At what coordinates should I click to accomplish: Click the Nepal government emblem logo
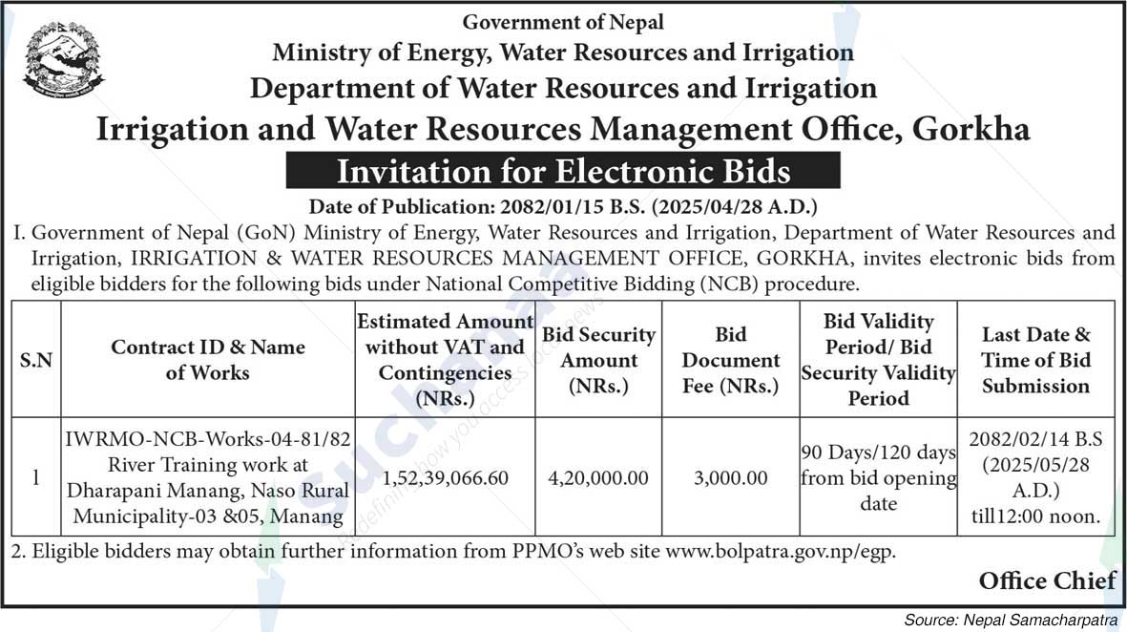tap(64, 59)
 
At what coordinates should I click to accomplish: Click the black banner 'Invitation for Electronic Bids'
tap(563, 171)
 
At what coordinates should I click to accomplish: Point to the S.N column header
tap(36, 361)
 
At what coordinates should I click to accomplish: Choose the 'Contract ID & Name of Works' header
tap(207, 360)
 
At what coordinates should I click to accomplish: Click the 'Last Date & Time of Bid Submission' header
tap(1035, 360)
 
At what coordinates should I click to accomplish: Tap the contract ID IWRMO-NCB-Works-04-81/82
tap(208, 439)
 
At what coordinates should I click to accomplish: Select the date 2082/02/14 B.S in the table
tap(1035, 440)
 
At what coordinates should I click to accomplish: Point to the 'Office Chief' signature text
tap(1047, 580)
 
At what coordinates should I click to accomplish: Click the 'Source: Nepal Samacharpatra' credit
tap(1010, 621)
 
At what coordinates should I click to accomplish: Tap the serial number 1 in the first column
tap(36, 477)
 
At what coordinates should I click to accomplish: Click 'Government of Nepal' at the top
tap(563, 21)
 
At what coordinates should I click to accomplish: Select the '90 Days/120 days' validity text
tap(878, 453)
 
